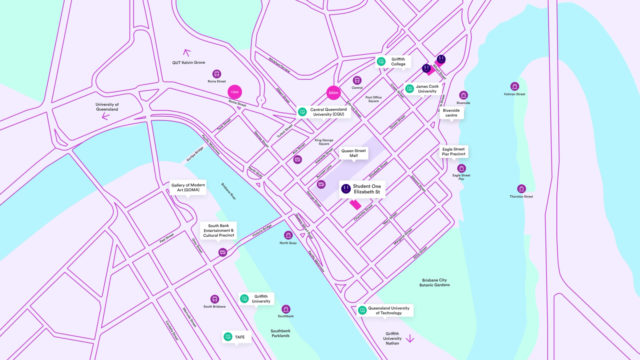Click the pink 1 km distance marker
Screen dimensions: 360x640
[x=235, y=92]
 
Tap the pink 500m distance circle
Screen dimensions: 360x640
[x=334, y=93]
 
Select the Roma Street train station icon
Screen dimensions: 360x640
[x=217, y=74]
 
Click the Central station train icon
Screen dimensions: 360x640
[x=357, y=80]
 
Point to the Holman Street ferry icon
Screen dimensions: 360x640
[x=515, y=86]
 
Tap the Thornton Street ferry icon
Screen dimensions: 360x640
[x=521, y=189]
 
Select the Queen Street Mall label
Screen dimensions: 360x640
[x=354, y=153]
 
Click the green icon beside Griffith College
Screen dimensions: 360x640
[x=381, y=62]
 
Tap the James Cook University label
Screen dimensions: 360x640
[x=426, y=89]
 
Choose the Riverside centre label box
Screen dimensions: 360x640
[x=451, y=113]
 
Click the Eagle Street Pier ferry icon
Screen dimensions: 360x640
[x=462, y=168]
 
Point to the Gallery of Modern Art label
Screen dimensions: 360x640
[x=188, y=187]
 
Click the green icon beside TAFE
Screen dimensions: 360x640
[x=228, y=337]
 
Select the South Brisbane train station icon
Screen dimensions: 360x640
[x=215, y=299]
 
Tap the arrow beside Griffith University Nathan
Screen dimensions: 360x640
[x=410, y=339]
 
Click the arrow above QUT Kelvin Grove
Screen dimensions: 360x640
[x=186, y=53]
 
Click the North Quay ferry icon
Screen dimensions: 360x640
[x=288, y=235]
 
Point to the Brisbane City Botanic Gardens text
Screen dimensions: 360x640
[x=434, y=282]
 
